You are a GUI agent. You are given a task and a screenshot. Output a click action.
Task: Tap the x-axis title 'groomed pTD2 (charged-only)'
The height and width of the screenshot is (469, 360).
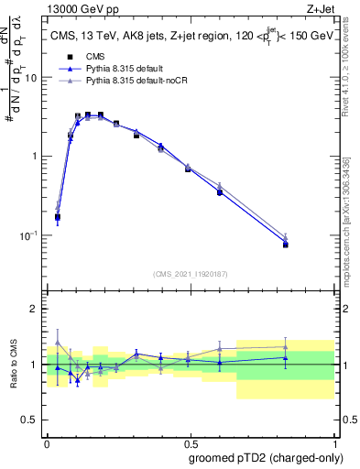266,456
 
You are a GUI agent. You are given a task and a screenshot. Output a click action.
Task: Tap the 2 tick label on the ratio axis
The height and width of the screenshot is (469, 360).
36,309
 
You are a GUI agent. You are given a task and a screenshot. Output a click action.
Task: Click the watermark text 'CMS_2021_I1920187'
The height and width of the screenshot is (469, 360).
191,274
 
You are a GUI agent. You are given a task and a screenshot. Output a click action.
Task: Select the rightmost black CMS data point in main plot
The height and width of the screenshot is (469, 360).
286,245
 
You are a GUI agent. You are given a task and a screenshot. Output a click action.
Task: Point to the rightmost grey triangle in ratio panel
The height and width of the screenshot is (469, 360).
286,347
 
